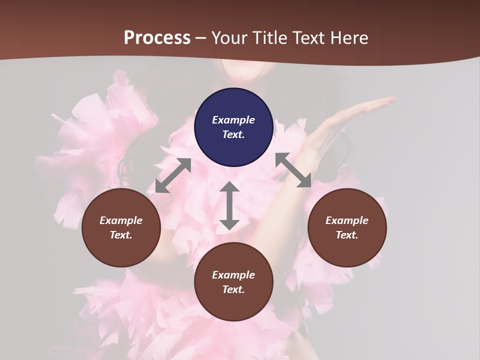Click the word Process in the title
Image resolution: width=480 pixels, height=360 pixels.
point(157,38)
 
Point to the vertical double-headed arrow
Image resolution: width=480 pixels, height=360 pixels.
point(229,205)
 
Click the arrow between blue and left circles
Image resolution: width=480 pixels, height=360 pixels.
point(173,175)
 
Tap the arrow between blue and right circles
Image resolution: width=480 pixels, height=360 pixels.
point(293,170)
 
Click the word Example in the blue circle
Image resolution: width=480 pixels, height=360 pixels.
point(233,120)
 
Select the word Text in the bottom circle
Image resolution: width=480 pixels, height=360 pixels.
point(233,289)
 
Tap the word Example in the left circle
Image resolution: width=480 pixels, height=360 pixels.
point(121,220)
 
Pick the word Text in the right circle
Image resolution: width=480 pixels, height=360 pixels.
point(346,235)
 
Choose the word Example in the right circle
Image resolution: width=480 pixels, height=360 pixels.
point(347,220)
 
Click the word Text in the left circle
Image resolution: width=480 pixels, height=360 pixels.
point(120,235)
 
